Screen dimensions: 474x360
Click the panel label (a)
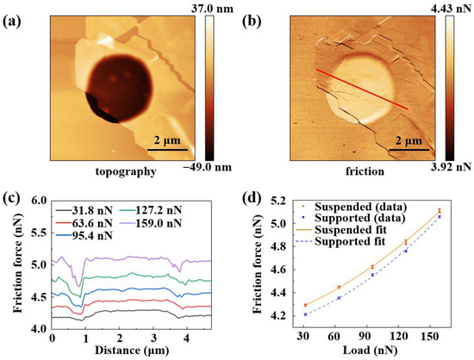click(x=12, y=22)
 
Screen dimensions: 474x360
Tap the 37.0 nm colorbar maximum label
click(x=212, y=9)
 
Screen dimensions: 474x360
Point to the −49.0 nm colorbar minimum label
click(x=208, y=167)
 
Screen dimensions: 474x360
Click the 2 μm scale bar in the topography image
click(x=167, y=150)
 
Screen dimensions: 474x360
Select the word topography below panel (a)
click(x=126, y=172)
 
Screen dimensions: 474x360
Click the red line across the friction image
click(x=362, y=90)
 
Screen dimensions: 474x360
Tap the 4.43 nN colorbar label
click(x=452, y=9)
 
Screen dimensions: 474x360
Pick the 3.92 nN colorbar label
click(x=452, y=166)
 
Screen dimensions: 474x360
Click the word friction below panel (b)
click(x=365, y=171)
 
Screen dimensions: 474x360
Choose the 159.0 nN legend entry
click(x=152, y=223)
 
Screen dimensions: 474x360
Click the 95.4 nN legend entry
click(x=84, y=236)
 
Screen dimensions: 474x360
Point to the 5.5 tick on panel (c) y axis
click(x=41, y=233)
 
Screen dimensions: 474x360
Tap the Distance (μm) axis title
click(x=132, y=351)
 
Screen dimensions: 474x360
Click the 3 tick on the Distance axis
click(x=153, y=338)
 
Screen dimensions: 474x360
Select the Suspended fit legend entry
click(x=341, y=230)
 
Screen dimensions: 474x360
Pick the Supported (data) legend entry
click(x=351, y=218)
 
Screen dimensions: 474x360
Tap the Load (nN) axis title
click(x=370, y=351)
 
